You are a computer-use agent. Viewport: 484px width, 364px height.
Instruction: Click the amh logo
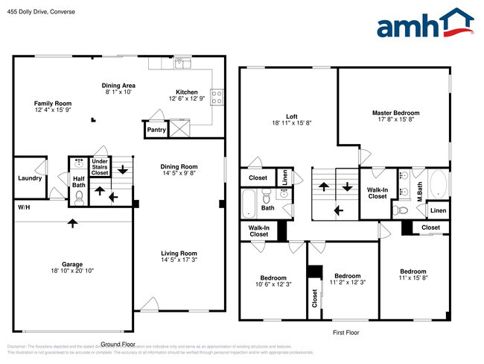(x=425, y=24)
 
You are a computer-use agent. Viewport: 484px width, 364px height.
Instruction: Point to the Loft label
(x=292, y=116)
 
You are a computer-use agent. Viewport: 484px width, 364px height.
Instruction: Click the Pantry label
(x=156, y=130)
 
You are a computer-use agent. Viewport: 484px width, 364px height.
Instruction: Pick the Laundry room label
(x=30, y=178)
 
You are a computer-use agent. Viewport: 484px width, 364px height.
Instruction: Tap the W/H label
(x=24, y=207)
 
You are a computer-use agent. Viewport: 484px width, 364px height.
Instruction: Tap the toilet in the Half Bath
(x=79, y=198)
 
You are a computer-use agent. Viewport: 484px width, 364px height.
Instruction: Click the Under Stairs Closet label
(x=100, y=166)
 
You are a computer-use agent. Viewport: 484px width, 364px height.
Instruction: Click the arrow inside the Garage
(x=72, y=222)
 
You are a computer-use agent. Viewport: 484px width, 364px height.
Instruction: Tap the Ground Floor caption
(x=118, y=344)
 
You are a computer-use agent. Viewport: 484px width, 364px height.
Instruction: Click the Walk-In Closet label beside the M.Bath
(x=377, y=192)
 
